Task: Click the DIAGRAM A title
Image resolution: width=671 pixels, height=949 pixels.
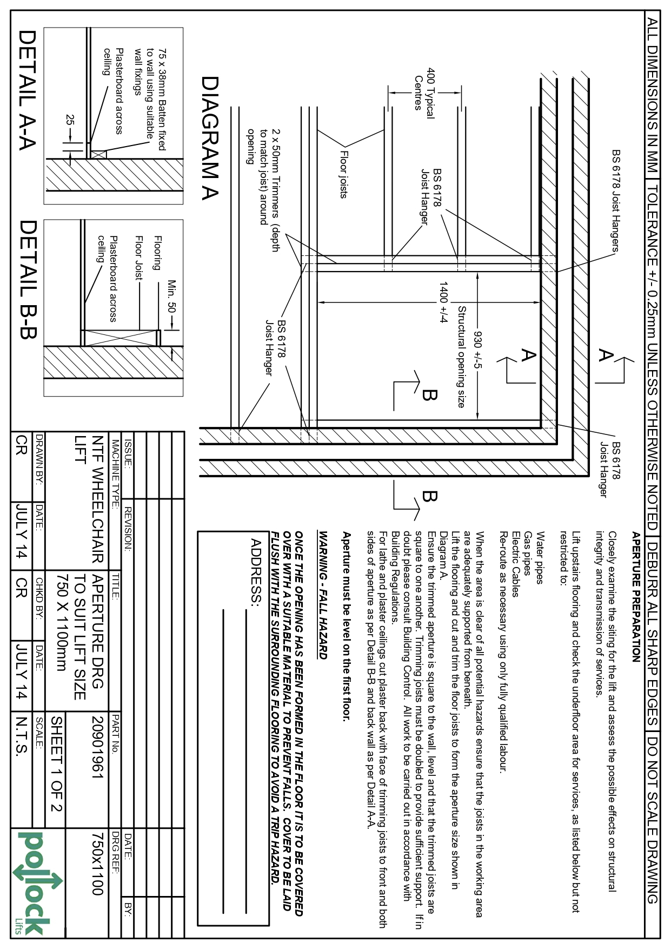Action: pos(210,139)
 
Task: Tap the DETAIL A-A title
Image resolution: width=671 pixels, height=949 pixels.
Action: pos(28,90)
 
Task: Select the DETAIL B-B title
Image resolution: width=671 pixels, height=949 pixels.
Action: pos(28,280)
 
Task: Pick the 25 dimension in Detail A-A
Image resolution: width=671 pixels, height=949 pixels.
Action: pos(69,120)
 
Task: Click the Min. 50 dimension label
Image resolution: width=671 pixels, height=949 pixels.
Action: pos(172,296)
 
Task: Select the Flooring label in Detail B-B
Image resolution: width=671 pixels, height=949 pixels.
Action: pos(158,253)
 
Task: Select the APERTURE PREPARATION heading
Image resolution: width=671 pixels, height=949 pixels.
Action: pos(636,597)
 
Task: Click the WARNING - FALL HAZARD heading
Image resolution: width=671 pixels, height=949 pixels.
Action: pos(323,596)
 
